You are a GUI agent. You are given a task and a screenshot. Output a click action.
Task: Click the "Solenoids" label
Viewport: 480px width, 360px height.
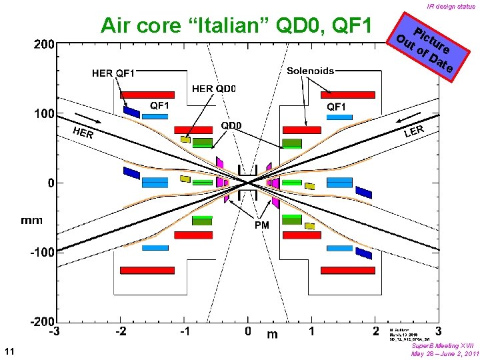point(310,71)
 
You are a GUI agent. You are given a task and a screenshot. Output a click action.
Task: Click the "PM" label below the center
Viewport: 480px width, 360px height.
point(262,225)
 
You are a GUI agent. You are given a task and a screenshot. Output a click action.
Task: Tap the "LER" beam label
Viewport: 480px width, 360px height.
point(415,131)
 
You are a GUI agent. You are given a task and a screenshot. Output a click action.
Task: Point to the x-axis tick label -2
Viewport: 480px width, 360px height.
point(121,331)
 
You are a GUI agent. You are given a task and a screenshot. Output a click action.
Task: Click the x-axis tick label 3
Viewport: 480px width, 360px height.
point(437,331)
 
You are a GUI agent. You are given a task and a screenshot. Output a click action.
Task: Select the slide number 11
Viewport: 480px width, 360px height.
point(9,351)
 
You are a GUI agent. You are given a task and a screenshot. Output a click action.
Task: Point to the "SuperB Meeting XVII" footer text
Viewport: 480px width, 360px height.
point(443,346)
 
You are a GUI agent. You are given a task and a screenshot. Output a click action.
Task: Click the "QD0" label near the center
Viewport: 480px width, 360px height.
point(231,125)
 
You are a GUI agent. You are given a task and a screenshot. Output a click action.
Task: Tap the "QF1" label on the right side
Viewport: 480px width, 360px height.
point(336,106)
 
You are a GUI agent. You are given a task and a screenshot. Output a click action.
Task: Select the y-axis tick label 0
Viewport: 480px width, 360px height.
point(50,182)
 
